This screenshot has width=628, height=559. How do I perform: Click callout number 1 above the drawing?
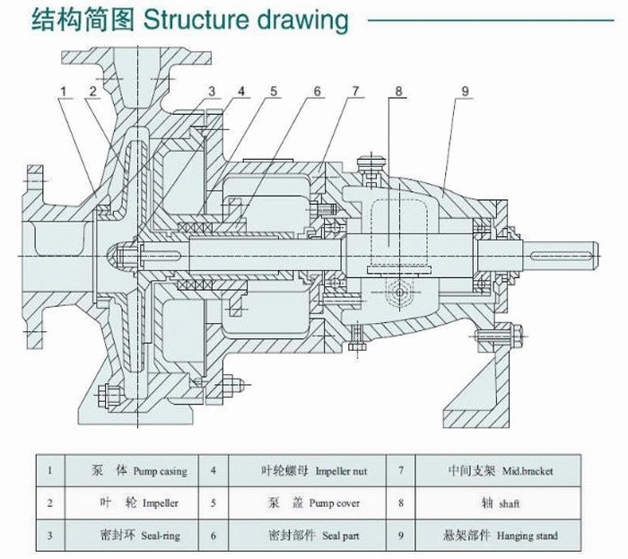(65, 91)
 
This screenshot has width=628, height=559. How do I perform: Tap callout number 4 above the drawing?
(241, 91)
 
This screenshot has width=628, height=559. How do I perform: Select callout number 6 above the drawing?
(317, 91)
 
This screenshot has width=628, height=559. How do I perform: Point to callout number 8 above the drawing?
(398, 91)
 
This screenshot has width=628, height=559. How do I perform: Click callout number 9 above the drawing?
(465, 91)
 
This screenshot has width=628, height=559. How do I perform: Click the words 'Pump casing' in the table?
(161, 469)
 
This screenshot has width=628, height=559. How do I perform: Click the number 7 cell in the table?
(401, 469)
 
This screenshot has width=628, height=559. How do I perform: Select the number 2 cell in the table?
(51, 502)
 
